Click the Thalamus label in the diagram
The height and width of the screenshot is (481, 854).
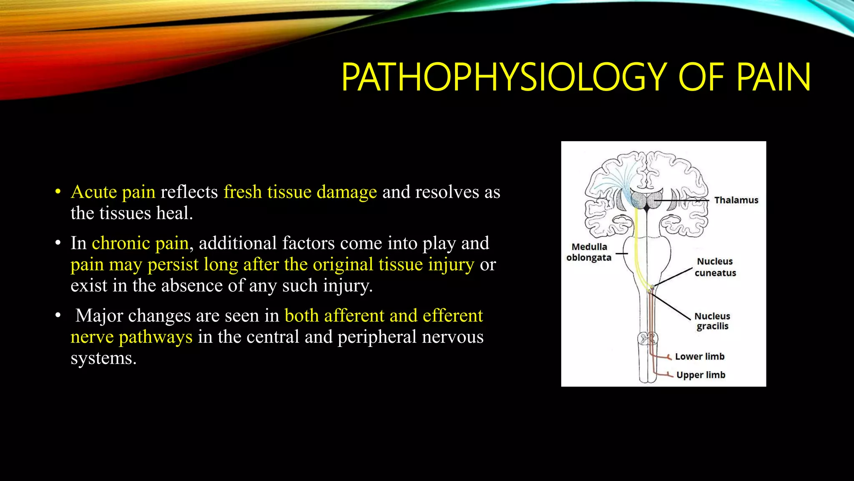[736, 200]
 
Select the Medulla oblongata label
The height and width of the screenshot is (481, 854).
[589, 252]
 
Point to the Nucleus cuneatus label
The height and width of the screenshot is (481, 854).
[715, 267]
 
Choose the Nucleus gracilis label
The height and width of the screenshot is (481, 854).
[712, 321]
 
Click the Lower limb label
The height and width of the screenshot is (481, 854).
[700, 356]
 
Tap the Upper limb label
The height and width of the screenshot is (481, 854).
[701, 375]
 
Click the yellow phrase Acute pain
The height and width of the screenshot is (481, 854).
[113, 192]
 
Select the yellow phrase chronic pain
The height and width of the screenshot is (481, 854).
[140, 243]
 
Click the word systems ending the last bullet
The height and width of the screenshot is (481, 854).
[103, 358]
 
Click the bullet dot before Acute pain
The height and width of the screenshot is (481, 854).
[58, 192]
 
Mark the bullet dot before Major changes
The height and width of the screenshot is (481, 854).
[58, 316]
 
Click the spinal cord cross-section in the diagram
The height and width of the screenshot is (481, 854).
[648, 338]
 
